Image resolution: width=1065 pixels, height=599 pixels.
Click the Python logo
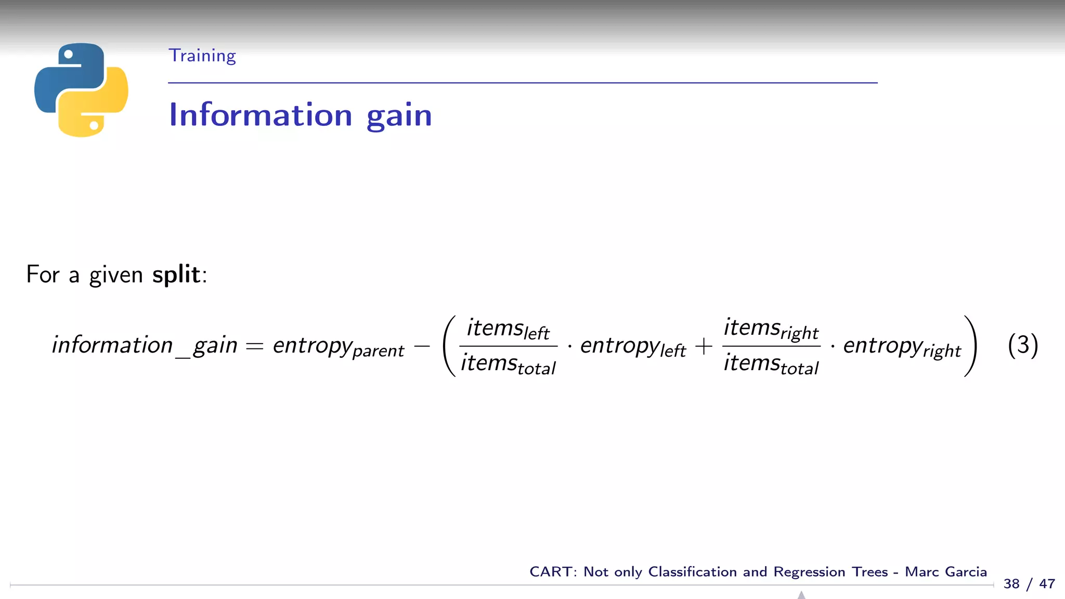click(x=81, y=89)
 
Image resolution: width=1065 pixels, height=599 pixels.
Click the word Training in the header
click(x=202, y=56)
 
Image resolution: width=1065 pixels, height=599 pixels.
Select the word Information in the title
click(x=261, y=115)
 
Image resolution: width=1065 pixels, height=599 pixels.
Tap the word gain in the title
click(x=399, y=116)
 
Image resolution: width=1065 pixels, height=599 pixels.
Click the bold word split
click(x=176, y=274)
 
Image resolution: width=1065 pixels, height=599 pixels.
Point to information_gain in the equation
click(x=145, y=345)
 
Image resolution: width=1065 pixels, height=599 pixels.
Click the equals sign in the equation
click(x=255, y=346)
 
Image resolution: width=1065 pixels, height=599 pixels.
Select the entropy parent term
click(x=338, y=346)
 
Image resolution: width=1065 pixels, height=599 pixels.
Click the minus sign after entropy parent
click(x=422, y=346)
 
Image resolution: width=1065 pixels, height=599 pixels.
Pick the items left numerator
click(x=508, y=329)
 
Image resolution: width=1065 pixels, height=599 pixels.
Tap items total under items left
click(x=508, y=364)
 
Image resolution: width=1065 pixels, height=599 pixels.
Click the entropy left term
click(x=633, y=346)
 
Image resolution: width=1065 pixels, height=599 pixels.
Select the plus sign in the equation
click(x=704, y=346)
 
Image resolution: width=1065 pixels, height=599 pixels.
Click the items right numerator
click(x=771, y=329)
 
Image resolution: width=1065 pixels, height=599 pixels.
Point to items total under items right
click(x=771, y=364)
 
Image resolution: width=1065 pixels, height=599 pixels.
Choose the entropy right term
click(x=902, y=346)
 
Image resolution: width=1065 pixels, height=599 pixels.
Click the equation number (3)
click(x=1022, y=345)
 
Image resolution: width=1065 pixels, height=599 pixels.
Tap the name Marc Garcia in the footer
click(x=945, y=572)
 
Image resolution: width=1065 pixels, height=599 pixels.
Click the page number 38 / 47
click(x=1029, y=584)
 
